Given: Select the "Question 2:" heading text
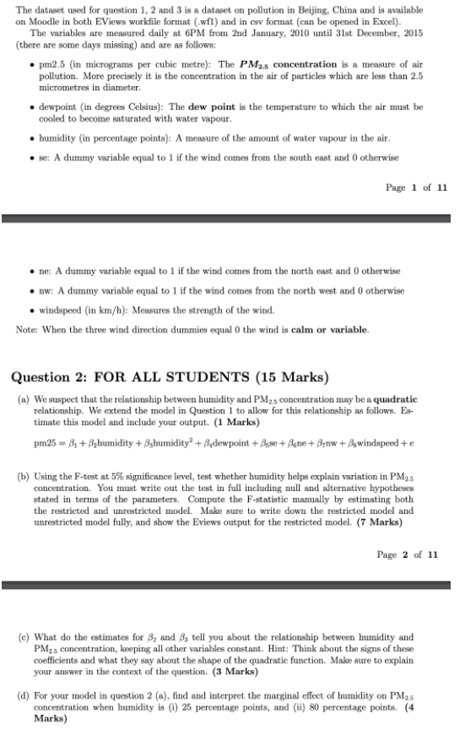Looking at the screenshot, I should click(x=67, y=376).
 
